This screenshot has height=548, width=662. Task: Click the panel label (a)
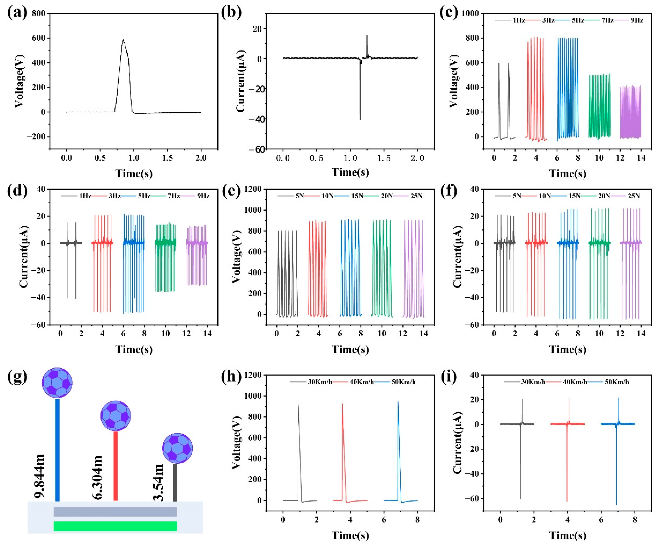click(x=17, y=13)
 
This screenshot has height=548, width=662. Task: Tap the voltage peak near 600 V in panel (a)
click(x=123, y=40)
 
